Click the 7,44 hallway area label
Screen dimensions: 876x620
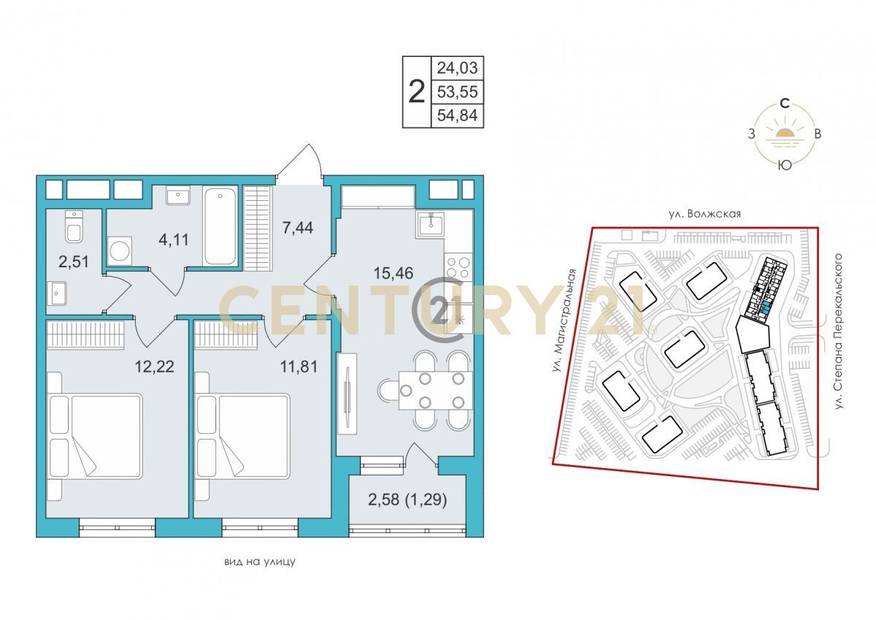pos(298,227)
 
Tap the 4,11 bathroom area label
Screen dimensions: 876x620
pos(174,240)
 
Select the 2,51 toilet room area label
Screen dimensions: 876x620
pos(74,261)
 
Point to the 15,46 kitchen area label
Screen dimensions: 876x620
pos(393,273)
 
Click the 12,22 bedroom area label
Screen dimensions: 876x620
pos(155,367)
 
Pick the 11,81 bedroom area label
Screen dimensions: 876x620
pos(299,367)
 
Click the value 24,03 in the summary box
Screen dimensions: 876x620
pos(457,68)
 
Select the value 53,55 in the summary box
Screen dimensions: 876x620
pos(457,91)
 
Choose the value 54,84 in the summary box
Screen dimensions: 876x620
pos(457,115)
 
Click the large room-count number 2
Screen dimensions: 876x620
pos(417,91)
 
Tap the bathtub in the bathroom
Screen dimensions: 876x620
pos(220,227)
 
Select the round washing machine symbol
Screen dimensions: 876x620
pos(119,250)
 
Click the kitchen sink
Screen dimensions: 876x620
pos(430,224)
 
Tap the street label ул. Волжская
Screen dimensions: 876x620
pos(704,214)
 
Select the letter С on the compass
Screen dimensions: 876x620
pos(785,103)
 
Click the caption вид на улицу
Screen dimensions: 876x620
pos(260,562)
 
